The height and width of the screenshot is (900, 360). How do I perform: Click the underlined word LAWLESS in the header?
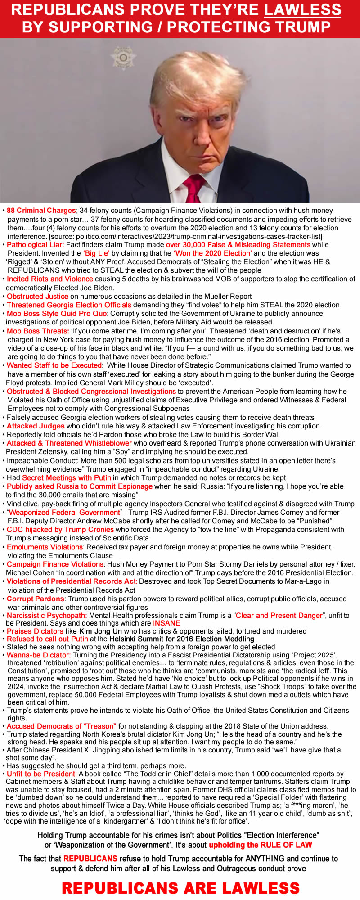(302, 10)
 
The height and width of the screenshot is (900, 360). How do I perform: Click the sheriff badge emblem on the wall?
(123, 58)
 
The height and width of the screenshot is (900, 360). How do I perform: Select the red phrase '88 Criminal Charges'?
(41, 211)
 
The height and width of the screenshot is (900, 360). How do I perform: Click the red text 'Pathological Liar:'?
(36, 245)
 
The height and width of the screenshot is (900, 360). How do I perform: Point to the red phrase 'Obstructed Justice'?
(37, 297)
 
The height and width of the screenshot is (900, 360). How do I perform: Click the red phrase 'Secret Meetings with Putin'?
(67, 477)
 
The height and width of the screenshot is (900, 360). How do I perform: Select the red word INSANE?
(166, 623)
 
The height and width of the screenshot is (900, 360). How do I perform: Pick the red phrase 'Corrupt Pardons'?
(35, 598)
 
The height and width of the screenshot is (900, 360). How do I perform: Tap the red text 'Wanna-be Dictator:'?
(42, 655)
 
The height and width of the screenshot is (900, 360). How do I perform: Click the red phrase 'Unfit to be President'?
(41, 774)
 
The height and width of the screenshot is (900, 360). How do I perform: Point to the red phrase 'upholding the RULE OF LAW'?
(261, 845)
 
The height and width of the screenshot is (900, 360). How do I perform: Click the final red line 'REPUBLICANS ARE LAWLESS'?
(180, 888)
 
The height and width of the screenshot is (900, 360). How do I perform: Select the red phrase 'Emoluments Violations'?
(45, 547)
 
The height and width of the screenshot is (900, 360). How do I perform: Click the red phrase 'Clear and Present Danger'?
(279, 616)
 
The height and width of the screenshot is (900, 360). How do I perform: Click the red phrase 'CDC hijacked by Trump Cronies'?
(60, 530)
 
